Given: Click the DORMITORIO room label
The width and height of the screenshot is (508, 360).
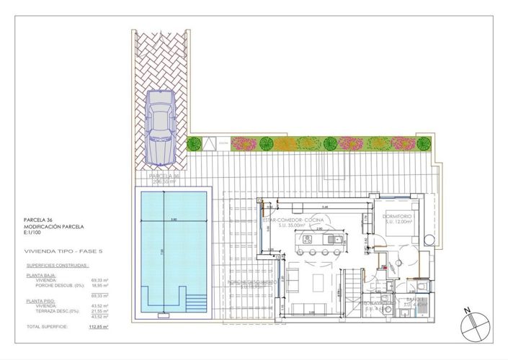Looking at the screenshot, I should [397, 216].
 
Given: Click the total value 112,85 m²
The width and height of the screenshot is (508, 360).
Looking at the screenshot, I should [99, 326].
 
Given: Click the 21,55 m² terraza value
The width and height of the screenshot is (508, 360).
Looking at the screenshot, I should [99, 311].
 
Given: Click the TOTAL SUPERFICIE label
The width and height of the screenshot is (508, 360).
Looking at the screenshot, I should [48, 326].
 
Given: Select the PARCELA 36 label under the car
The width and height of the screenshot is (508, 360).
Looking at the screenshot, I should [164, 176].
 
